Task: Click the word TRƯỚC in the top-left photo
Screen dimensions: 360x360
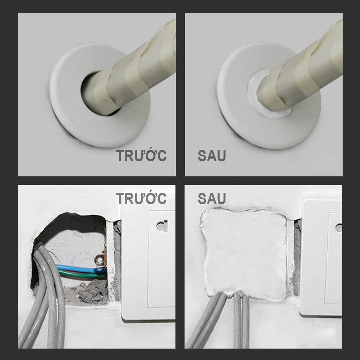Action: tap(141, 155)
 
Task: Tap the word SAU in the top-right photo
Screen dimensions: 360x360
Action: tap(212, 155)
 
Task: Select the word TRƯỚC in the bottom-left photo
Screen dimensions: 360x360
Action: tap(141, 198)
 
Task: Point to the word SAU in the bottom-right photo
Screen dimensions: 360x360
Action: tap(212, 198)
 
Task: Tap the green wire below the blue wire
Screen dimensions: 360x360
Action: tap(78, 274)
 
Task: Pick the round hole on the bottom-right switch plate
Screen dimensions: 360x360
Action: tap(339, 227)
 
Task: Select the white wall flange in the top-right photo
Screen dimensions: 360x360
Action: tap(234, 115)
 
